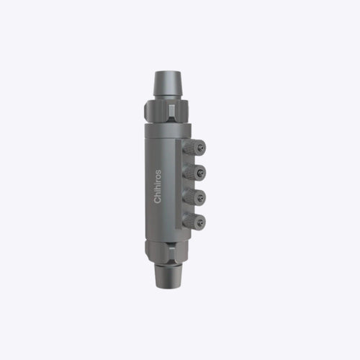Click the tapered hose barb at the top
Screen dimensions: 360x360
point(168,84)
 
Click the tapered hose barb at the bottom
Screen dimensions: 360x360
point(168,276)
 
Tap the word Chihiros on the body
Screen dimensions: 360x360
point(158,186)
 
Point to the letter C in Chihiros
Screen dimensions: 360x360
point(158,200)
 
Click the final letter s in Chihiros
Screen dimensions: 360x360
point(158,172)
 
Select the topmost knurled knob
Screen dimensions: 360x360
point(194,147)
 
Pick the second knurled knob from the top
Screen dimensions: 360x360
point(194,172)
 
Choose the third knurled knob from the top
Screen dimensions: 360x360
point(194,197)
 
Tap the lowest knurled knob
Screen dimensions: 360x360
point(194,222)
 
